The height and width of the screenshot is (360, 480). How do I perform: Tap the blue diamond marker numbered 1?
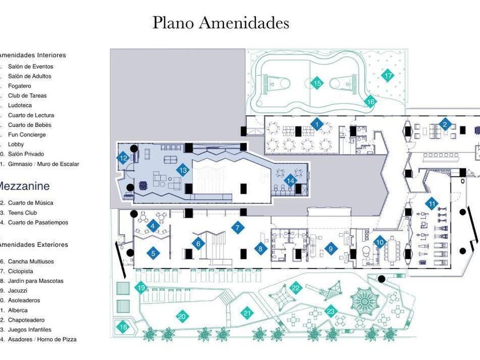point(317,123)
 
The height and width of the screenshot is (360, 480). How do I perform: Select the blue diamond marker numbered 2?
point(445,124)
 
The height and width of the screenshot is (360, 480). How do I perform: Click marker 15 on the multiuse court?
point(317,83)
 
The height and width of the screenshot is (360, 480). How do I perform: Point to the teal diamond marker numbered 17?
point(388,75)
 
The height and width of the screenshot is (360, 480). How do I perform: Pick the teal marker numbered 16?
point(370,102)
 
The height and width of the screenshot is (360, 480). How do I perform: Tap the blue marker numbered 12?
point(123,158)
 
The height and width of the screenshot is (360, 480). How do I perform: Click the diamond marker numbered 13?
point(183,170)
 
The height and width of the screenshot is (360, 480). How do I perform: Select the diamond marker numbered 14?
point(291,181)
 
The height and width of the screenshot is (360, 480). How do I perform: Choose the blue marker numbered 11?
point(433,203)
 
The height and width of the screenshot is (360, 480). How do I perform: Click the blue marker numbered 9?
point(330,248)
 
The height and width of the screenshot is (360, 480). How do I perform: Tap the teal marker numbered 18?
point(123,327)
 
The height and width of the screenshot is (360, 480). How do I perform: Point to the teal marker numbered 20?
point(182,315)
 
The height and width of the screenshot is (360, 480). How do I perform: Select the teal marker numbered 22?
point(295,289)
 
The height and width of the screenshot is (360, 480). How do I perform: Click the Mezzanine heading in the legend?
point(23,186)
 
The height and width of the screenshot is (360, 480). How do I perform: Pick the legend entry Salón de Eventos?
point(30,66)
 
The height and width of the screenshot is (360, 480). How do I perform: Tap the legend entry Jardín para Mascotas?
point(35,281)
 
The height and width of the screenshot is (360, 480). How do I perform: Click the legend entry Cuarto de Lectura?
point(31,115)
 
